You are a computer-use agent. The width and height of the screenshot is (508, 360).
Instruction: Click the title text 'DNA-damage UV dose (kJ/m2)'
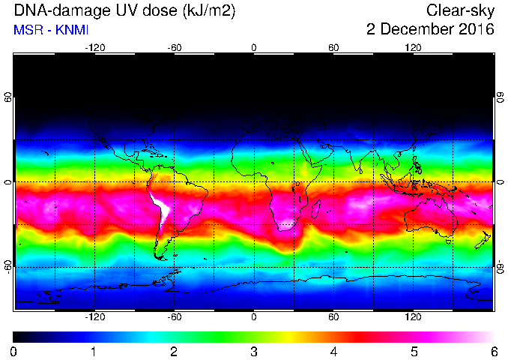click(x=124, y=11)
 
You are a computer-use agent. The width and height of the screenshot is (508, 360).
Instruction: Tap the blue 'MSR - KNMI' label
click(x=51, y=30)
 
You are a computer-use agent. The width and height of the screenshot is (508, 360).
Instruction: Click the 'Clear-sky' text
click(x=460, y=11)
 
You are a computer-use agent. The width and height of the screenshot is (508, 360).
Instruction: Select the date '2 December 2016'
click(x=430, y=29)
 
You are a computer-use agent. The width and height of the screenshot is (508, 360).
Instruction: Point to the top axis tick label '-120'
click(x=95, y=48)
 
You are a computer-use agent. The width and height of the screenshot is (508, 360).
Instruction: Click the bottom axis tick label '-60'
click(x=175, y=316)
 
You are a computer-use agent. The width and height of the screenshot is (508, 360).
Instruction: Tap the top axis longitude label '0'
click(x=254, y=48)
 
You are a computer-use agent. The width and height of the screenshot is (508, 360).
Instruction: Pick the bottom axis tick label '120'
click(x=413, y=316)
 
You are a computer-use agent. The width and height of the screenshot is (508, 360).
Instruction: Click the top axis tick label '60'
click(x=333, y=48)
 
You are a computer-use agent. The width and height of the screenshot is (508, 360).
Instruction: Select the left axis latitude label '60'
click(x=8, y=97)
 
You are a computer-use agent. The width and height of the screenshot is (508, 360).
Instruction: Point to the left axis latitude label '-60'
click(x=8, y=266)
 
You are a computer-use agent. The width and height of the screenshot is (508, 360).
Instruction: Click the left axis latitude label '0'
click(x=8, y=182)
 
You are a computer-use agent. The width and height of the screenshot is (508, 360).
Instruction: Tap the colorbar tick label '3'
click(x=254, y=352)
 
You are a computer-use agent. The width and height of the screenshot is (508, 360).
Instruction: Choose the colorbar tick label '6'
click(x=494, y=352)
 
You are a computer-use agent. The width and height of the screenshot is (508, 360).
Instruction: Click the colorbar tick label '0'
click(x=13, y=352)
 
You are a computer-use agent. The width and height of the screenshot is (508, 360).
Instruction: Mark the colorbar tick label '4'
click(x=333, y=352)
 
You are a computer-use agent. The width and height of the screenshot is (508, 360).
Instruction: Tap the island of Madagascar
click(x=316, y=209)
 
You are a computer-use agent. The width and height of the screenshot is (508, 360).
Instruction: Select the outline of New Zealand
click(x=483, y=240)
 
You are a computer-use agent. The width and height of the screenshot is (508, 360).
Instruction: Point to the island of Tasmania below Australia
click(x=448, y=241)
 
